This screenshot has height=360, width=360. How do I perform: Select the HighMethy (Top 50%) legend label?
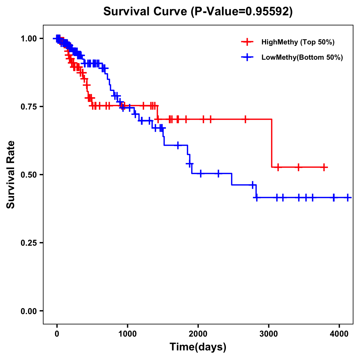tap(298, 42)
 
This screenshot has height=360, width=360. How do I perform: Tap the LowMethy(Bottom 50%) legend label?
tap(302, 57)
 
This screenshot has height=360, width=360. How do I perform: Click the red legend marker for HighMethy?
tap(247, 42)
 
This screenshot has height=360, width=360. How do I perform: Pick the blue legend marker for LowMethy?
tap(247, 57)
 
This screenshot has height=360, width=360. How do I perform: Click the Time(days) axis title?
tap(198, 347)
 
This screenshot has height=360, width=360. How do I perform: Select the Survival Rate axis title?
tap(11, 175)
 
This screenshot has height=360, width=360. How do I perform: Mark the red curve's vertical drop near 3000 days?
tap(271, 143)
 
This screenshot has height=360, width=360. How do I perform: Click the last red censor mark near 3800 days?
tap(324, 167)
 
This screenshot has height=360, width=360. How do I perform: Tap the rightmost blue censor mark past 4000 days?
tap(347, 197)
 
